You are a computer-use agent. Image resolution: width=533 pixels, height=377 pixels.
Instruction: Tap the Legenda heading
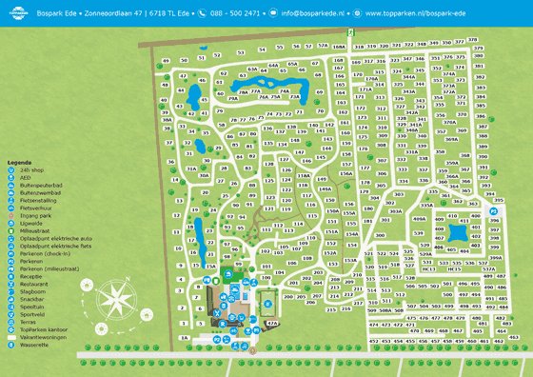20,163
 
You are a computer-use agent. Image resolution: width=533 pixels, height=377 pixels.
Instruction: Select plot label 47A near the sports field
271,324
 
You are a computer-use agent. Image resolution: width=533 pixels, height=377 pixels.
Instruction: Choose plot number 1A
185,339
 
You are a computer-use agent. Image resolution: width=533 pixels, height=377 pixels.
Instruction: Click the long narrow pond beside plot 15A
197,232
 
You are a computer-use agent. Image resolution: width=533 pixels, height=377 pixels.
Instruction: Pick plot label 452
374,340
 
